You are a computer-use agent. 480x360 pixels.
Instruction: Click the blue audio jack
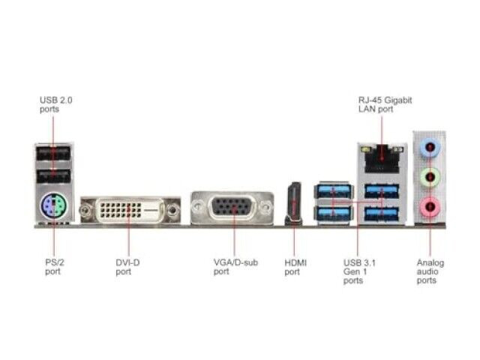click(x=430, y=148)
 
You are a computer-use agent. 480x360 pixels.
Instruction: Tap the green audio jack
click(x=430, y=177)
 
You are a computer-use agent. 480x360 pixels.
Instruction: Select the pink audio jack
click(x=430, y=207)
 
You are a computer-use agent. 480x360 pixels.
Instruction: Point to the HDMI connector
click(x=293, y=203)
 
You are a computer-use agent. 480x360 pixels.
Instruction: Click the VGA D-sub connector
click(x=232, y=208)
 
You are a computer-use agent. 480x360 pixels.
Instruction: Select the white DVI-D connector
click(x=130, y=210)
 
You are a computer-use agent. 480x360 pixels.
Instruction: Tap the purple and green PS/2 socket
click(x=54, y=205)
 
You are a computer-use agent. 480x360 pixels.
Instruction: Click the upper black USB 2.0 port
click(x=53, y=153)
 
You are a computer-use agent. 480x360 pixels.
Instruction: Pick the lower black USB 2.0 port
click(x=53, y=176)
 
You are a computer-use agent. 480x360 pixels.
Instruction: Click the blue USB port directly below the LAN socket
click(x=382, y=191)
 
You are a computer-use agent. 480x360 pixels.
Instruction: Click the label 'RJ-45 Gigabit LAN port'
click(x=385, y=105)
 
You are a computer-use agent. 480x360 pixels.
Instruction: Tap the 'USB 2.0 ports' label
click(x=56, y=105)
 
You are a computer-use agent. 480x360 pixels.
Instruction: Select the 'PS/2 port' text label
click(x=55, y=267)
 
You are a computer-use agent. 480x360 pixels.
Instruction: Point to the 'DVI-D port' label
click(x=127, y=267)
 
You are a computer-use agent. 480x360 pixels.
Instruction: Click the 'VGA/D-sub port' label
click(x=235, y=267)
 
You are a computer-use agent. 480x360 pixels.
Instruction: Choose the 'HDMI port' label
click(x=295, y=267)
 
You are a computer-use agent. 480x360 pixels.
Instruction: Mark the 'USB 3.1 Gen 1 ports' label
click(x=359, y=271)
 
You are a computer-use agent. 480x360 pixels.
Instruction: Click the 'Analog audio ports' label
click(x=430, y=271)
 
